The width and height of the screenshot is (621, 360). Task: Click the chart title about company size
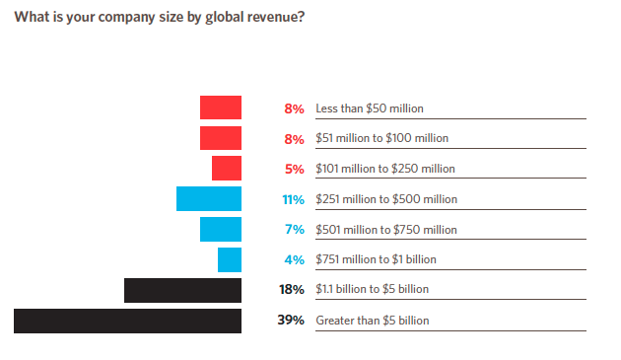(160, 18)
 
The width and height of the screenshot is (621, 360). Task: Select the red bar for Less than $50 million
(221, 108)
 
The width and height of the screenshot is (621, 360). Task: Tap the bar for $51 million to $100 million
(221, 138)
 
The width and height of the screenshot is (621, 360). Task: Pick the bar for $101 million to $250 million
(227, 168)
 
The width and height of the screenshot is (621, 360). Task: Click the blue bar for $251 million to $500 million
(209, 198)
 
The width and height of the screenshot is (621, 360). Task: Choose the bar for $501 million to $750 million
(221, 229)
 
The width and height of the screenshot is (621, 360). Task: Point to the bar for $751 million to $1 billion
(230, 259)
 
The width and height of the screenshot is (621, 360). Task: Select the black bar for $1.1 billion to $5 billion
(182, 290)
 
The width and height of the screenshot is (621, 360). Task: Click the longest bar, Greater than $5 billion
(127, 321)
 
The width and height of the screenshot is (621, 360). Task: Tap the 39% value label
(291, 320)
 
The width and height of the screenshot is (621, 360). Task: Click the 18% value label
(292, 289)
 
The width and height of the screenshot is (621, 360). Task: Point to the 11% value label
(293, 199)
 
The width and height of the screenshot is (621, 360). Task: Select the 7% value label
(295, 229)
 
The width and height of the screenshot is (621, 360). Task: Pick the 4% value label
(295, 259)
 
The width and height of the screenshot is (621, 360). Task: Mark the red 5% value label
(295, 170)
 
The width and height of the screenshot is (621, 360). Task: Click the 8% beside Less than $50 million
(294, 108)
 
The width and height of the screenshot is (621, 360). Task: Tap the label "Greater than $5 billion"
(373, 321)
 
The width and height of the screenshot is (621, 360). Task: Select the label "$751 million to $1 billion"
(376, 259)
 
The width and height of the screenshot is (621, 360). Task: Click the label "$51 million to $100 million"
(381, 138)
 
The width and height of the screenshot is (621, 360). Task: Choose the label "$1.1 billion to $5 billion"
(372, 289)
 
